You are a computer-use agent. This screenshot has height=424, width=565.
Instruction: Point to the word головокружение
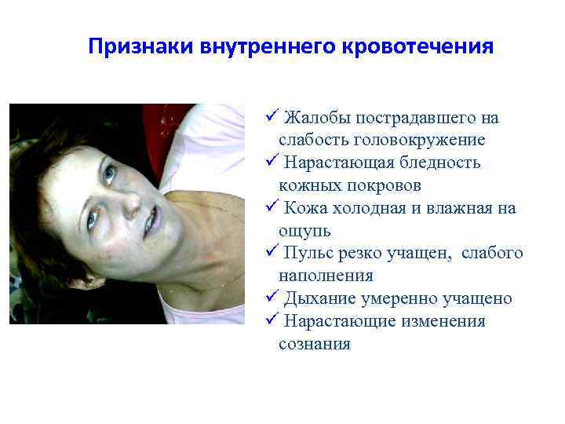point(420,141)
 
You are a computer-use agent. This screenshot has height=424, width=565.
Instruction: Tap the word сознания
point(315,344)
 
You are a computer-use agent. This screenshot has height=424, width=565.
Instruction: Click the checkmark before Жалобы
point(272,118)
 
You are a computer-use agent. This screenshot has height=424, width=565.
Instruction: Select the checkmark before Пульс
point(272,253)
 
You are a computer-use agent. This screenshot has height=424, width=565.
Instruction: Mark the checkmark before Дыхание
point(272,298)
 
